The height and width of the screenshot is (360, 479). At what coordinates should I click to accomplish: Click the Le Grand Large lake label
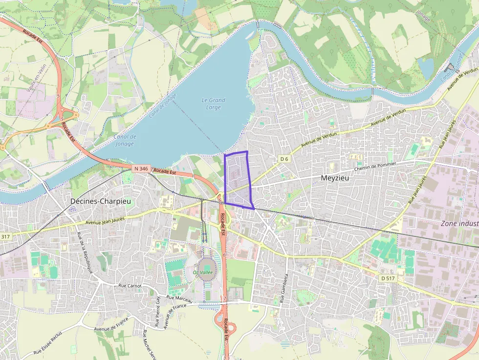[214, 104]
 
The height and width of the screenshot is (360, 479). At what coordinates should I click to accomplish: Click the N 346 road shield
[140, 169]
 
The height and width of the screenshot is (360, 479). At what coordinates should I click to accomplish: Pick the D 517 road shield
[388, 278]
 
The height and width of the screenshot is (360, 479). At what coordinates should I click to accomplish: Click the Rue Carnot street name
[130, 286]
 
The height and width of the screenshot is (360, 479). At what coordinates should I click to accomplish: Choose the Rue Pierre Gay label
[158, 311]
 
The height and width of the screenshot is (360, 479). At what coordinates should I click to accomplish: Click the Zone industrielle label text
[459, 223]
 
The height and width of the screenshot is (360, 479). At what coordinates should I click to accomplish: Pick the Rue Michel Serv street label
[149, 344]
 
